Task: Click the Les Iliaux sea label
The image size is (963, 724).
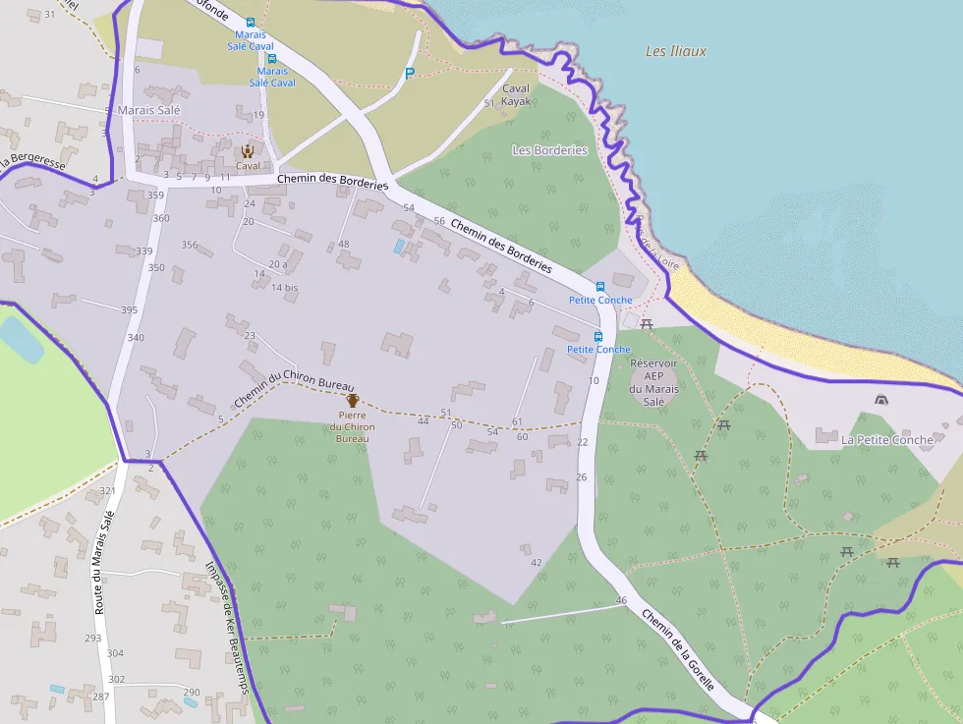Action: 675,51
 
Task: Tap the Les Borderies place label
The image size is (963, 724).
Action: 550,150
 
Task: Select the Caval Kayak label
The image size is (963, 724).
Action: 516,94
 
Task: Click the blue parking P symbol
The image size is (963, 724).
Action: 410,73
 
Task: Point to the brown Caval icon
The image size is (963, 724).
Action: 248,151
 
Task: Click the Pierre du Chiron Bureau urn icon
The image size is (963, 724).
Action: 353,400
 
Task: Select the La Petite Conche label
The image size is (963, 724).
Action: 886,440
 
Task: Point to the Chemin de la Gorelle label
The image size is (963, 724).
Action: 677,649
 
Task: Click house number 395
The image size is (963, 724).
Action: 129,310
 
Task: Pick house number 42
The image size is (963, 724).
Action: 536,563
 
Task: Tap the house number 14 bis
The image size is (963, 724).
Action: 284,288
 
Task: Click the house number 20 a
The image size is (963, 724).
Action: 278,264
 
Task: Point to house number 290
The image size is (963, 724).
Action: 192,693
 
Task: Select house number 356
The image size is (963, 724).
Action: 190,246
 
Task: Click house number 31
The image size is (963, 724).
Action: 49,14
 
